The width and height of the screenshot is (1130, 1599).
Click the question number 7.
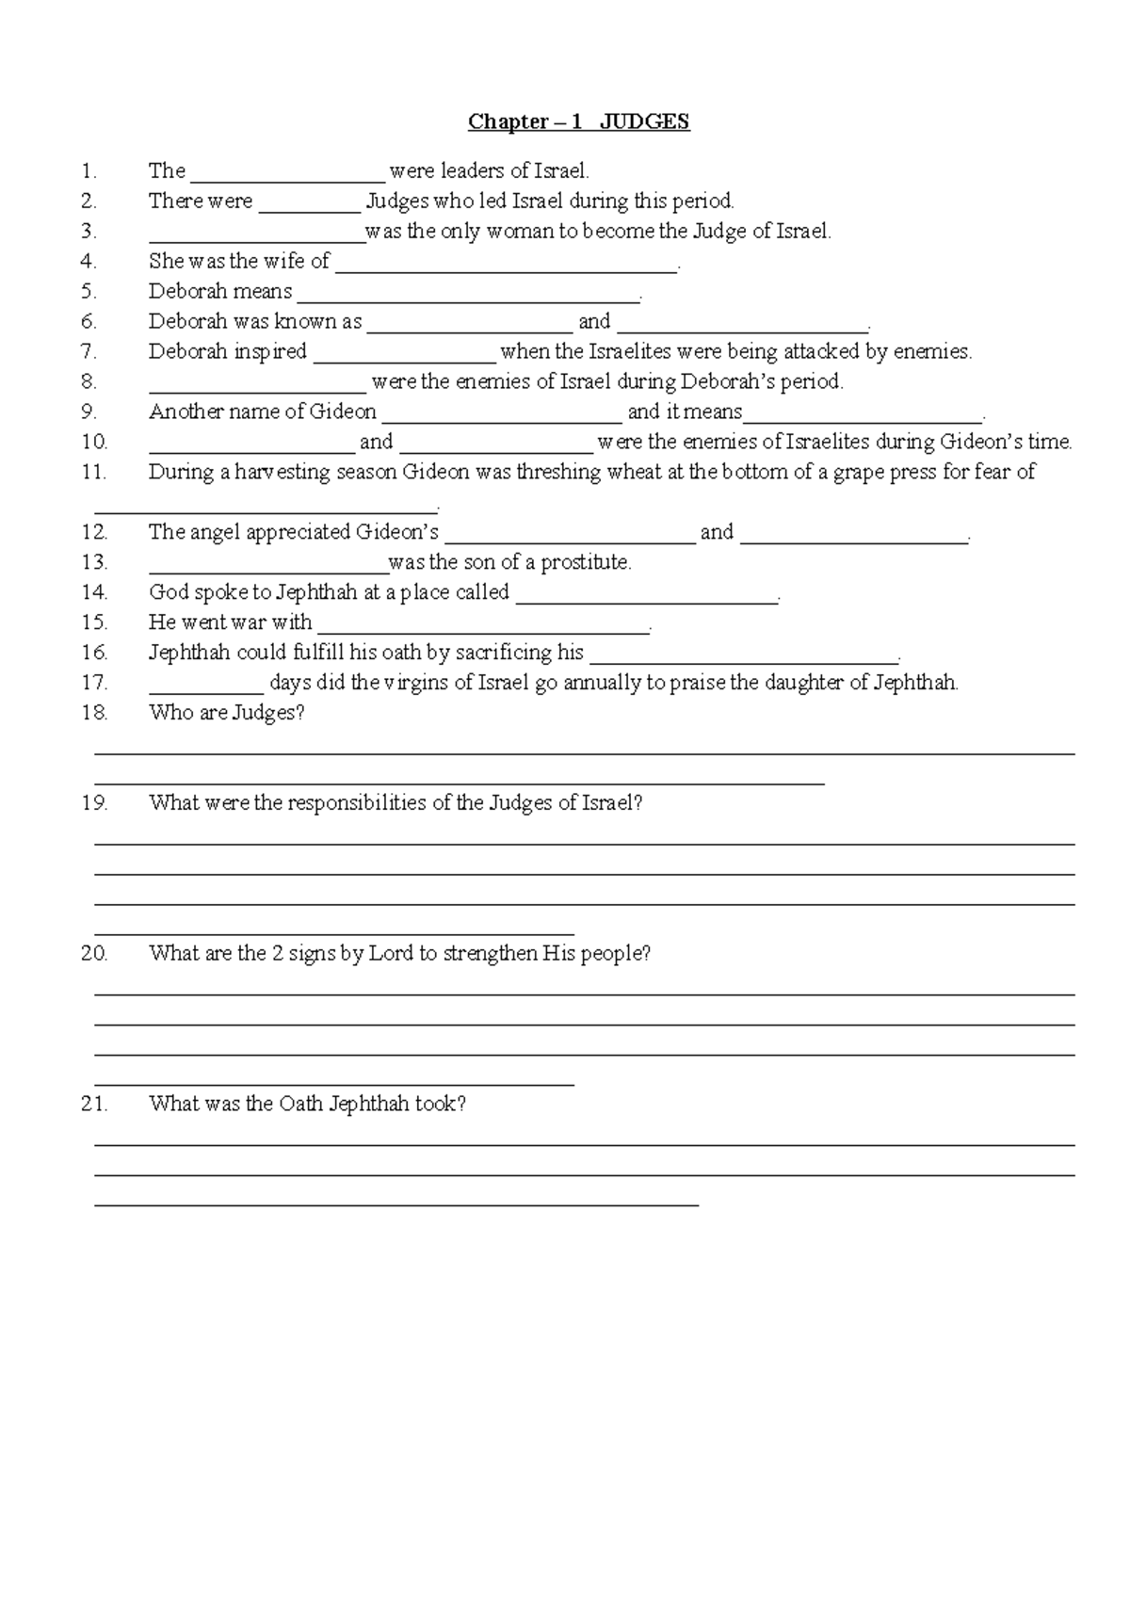coord(89,352)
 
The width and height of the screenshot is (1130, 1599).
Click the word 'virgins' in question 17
coord(415,683)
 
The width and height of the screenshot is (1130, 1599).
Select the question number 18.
coord(94,713)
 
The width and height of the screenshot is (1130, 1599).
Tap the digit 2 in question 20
coord(278,953)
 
